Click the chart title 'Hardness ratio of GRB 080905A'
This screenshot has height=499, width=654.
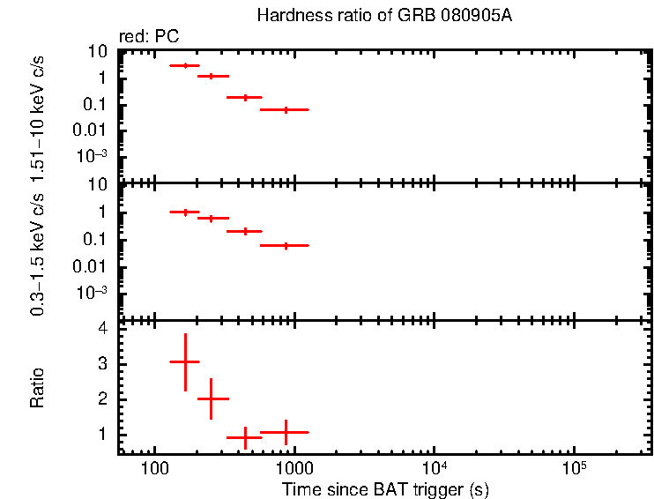point(383,16)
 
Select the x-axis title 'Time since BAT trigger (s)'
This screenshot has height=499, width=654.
point(385,488)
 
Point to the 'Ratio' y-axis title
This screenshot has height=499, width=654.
point(37,389)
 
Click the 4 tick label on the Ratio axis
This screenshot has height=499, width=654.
point(102,328)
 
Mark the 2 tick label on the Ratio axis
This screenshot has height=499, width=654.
point(102,399)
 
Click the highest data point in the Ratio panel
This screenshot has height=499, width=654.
point(185,361)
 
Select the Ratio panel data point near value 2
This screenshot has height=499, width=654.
point(212,398)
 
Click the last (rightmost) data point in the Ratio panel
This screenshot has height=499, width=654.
point(285,432)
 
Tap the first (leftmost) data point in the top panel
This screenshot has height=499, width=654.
point(185,65)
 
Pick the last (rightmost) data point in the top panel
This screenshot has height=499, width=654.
point(285,109)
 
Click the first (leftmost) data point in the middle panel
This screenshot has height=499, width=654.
point(185,212)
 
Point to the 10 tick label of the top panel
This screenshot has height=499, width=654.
point(98,51)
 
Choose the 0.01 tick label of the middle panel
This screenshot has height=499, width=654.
point(93,267)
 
